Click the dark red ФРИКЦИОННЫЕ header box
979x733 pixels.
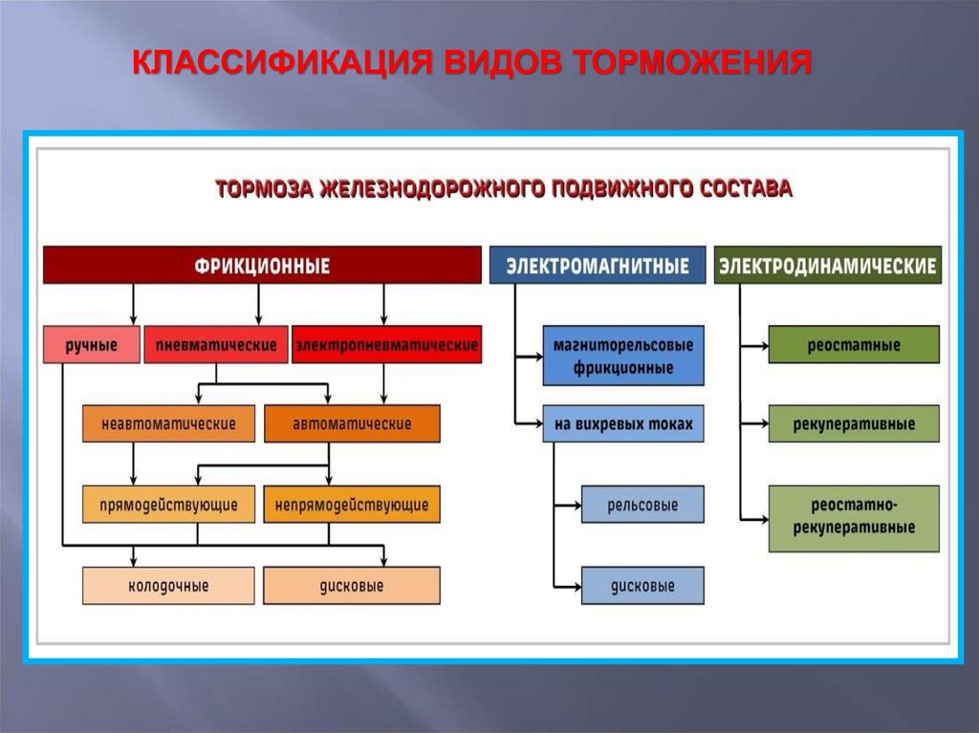tap(262, 265)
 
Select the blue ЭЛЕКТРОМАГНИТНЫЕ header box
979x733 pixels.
tap(598, 265)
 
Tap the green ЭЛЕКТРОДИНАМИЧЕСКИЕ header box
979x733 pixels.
tap(828, 265)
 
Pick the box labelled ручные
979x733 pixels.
tap(91, 345)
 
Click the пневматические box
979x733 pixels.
tap(215, 345)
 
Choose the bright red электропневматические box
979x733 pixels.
tap(386, 345)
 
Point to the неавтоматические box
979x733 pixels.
tap(168, 423)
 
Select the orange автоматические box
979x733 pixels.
tap(352, 423)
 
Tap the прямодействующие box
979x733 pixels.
tap(168, 504)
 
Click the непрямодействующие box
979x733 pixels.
tap(352, 504)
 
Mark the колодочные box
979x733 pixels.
tap(168, 585)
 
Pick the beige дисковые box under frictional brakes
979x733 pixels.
tap(352, 585)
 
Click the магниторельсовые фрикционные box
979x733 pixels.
tap(623, 356)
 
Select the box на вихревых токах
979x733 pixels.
tap(623, 423)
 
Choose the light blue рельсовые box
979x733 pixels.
tap(642, 504)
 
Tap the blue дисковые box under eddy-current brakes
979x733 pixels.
tap(642, 585)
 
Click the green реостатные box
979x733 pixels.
tap(854, 345)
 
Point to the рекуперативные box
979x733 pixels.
tap(854, 423)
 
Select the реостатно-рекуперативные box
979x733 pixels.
tap(854, 518)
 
